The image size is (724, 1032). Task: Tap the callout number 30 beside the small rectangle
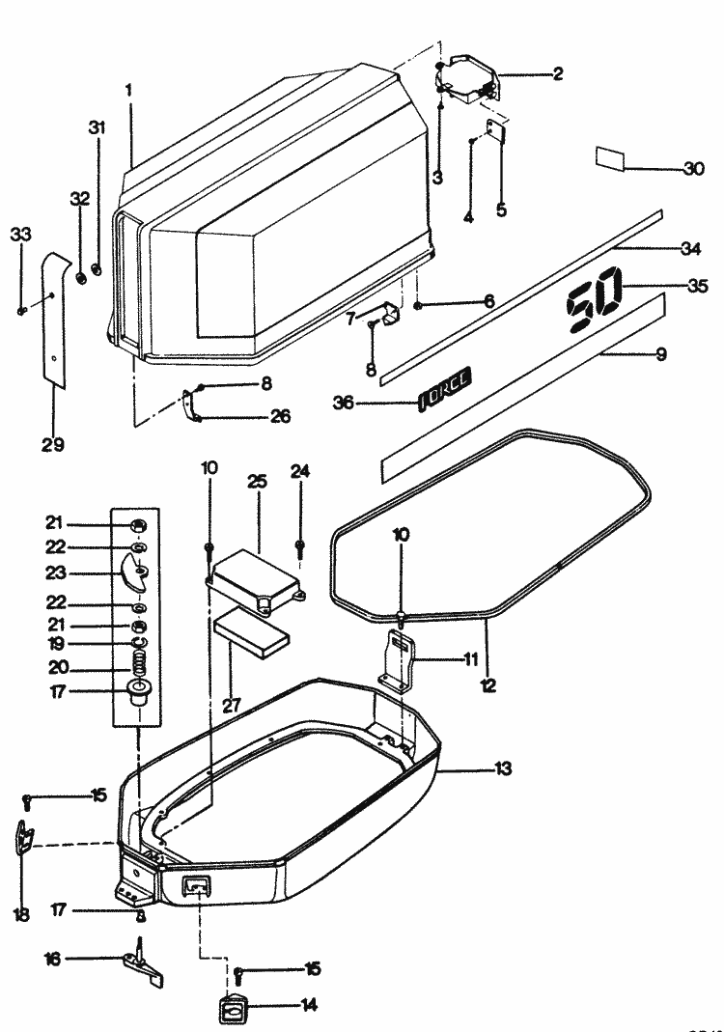693,168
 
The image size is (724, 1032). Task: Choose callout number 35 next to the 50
697,286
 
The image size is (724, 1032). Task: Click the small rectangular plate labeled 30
612,159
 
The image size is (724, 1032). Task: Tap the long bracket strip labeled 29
54,319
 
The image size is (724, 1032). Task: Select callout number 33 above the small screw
20,235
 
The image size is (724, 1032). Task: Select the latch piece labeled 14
234,1009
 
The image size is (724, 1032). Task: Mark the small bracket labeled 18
23,835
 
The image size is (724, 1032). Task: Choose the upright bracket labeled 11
399,659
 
